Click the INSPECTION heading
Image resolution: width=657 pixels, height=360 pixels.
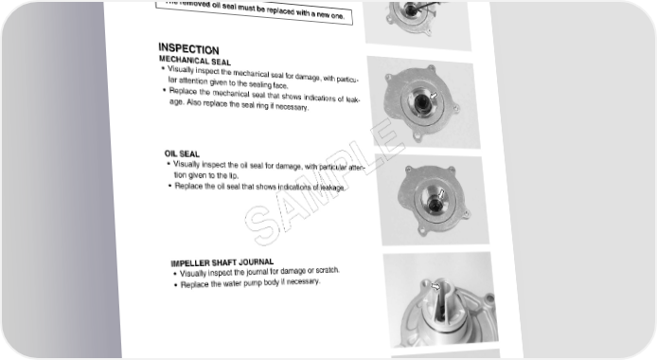tap(188, 49)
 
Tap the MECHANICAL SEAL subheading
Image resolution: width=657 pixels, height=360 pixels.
tap(195, 62)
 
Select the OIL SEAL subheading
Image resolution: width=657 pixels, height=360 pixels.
tap(182, 153)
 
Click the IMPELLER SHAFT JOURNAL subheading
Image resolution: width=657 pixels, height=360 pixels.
tap(222, 262)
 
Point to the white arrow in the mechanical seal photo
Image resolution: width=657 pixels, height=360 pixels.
tap(434, 96)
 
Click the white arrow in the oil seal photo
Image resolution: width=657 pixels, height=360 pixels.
tap(441, 194)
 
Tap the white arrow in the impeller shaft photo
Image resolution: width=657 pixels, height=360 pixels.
tap(435, 287)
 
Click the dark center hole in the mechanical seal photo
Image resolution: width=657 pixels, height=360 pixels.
tap(421, 101)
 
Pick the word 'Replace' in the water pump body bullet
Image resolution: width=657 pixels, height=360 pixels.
tap(194, 284)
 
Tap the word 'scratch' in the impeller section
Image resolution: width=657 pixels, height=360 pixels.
tap(327, 270)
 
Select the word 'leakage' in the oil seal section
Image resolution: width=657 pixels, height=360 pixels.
tap(332, 188)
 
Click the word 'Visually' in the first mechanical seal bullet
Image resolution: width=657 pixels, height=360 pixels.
tap(180, 69)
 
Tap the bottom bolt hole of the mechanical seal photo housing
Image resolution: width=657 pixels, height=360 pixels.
tap(417, 135)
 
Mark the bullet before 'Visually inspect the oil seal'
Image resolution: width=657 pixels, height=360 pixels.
tap(169, 164)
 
